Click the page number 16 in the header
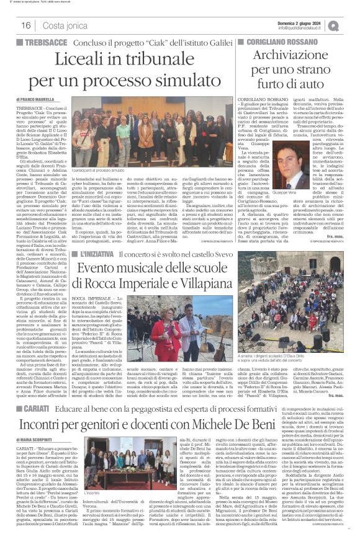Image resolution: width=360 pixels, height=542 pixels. click(27, 25)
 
